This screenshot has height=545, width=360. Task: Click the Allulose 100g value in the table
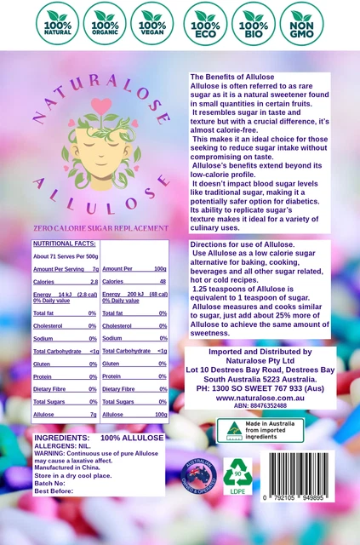159,414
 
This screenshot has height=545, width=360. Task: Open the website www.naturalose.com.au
260,396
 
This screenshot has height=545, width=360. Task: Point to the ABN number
260,406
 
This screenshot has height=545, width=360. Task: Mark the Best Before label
54,491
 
